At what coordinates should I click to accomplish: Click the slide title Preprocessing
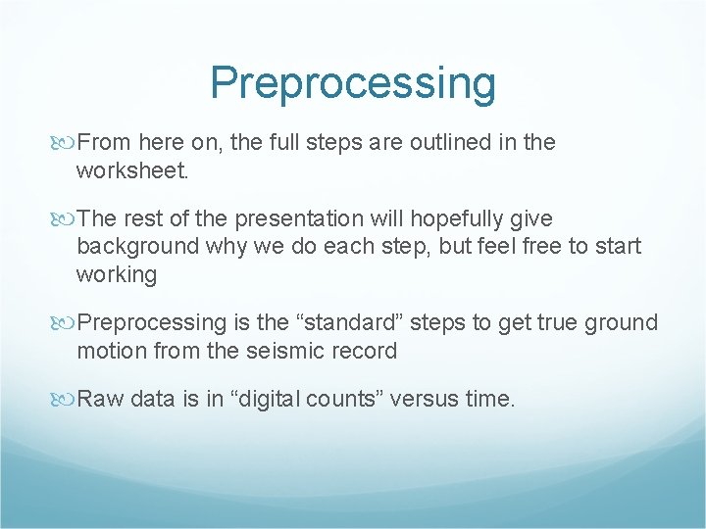(353, 83)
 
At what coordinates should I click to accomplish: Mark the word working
(117, 275)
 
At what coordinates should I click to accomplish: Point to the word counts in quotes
(328, 399)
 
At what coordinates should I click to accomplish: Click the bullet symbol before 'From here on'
(66, 143)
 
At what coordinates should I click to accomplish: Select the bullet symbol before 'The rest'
(66, 219)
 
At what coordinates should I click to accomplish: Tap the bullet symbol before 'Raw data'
(66, 399)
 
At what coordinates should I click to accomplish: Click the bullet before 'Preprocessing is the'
(66, 323)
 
